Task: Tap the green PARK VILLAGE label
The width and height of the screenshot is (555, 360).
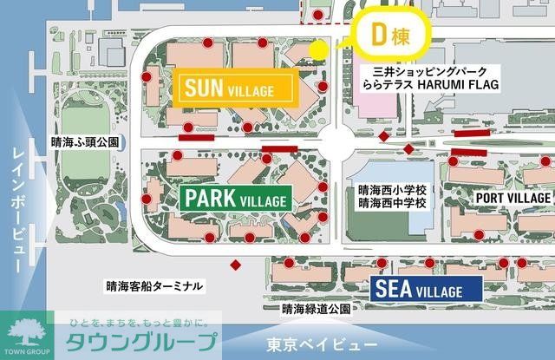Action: (x=235, y=199)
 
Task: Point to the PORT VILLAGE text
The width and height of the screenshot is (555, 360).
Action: (x=513, y=198)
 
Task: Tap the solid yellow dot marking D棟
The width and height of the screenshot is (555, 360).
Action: (x=318, y=49)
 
